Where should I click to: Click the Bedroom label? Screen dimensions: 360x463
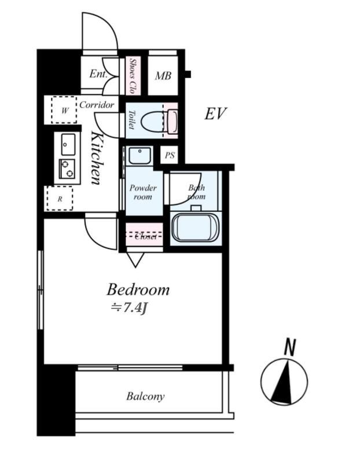pyautogui.click(x=138, y=290)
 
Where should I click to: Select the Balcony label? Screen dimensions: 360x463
pyautogui.click(x=145, y=396)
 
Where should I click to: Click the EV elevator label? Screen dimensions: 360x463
pyautogui.click(x=215, y=113)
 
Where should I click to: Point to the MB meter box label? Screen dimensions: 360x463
pyautogui.click(x=163, y=76)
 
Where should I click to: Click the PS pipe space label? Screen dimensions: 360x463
pyautogui.click(x=170, y=155)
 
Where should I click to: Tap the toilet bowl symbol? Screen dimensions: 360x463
pyautogui.click(x=153, y=121)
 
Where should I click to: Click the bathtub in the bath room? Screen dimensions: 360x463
pyautogui.click(x=196, y=227)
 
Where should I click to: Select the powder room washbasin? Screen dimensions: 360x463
pyautogui.click(x=139, y=156)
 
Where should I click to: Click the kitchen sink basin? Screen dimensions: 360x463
pyautogui.click(x=68, y=144)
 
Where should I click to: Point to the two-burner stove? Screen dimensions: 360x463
pyautogui.click(x=67, y=169)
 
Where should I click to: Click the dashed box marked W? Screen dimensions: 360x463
pyautogui.click(x=64, y=110)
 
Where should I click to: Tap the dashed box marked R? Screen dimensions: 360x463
pyautogui.click(x=60, y=199)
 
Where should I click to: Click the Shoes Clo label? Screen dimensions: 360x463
pyautogui.click(x=133, y=76)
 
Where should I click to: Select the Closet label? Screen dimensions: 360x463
pyautogui.click(x=145, y=236)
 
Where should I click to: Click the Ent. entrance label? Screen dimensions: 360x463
pyautogui.click(x=98, y=74)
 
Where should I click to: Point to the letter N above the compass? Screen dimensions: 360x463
pyautogui.click(x=290, y=348)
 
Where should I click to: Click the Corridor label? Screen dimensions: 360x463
pyautogui.click(x=97, y=105)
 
